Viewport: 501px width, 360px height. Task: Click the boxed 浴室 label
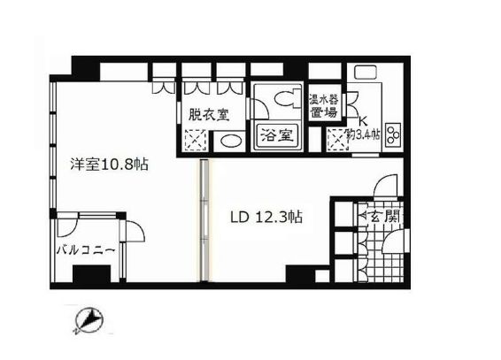click(274, 136)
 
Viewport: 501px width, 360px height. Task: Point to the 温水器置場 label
click(322, 104)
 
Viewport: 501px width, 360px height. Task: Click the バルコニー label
click(86, 250)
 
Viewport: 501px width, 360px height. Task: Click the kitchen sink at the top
click(364, 74)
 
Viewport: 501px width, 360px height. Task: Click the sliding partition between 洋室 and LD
click(204, 221)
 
